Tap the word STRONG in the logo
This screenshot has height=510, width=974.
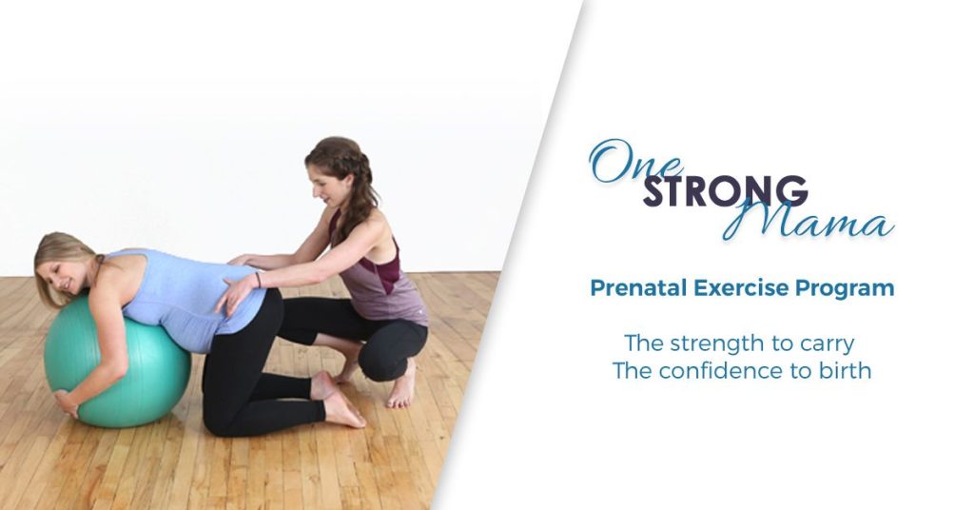pos(725,190)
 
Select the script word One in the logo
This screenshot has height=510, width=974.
pos(634,162)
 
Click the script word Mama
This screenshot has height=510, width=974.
pos(808,221)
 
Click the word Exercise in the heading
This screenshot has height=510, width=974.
pos(741,288)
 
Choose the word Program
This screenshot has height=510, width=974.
pos(845,289)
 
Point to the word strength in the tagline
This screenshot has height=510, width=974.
pos(717,344)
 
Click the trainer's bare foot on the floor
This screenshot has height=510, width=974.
pos(402,388)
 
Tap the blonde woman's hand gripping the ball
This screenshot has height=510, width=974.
pos(67,402)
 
